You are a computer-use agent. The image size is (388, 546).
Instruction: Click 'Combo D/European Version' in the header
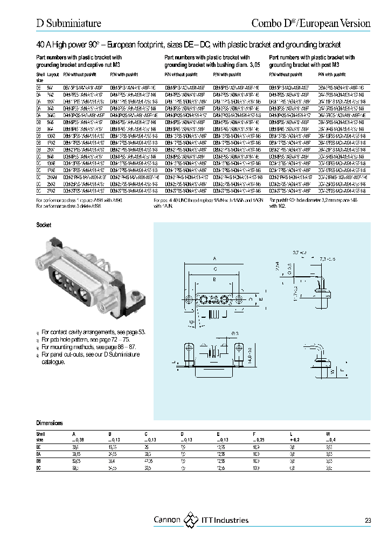[311, 23]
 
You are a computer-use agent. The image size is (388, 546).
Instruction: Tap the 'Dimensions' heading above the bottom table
[50, 423]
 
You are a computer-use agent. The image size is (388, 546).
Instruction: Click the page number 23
[368, 521]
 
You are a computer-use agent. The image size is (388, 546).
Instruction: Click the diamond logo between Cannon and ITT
[191, 520]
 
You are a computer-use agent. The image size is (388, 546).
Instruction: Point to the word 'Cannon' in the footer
[168, 520]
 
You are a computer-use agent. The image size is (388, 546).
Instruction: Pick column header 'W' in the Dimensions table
[327, 434]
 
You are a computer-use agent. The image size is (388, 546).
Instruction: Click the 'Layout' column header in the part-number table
[53, 74]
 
